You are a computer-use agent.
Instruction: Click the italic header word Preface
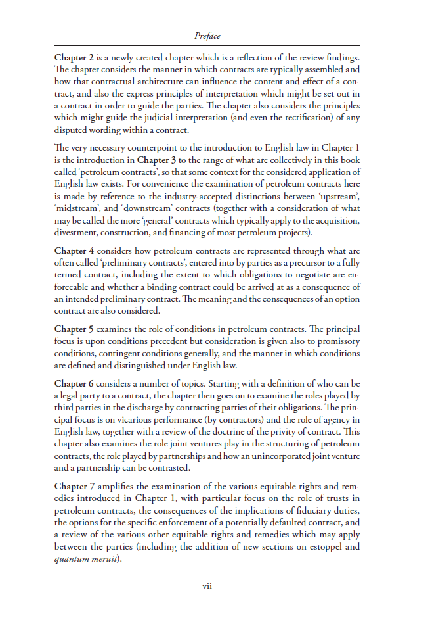pyautogui.click(x=207, y=36)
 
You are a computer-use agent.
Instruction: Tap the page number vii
pyautogui.click(x=207, y=586)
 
